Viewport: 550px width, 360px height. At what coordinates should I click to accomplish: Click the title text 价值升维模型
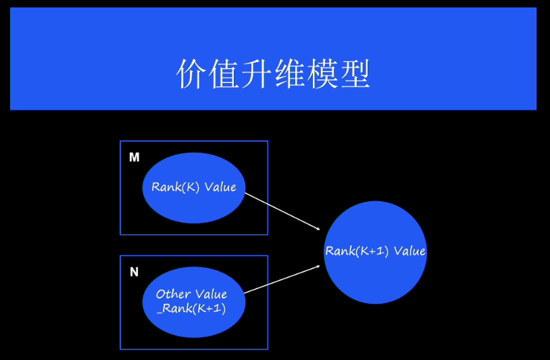pyautogui.click(x=273, y=74)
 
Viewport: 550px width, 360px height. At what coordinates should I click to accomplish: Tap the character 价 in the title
pyautogui.click(x=191, y=74)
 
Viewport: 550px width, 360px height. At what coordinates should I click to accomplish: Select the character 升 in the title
pyautogui.click(x=257, y=74)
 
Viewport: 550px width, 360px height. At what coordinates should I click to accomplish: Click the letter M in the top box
pyautogui.click(x=134, y=157)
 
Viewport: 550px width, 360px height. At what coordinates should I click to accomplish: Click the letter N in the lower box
pyautogui.click(x=134, y=272)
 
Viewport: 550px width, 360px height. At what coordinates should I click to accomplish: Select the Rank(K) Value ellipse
pyautogui.click(x=194, y=203)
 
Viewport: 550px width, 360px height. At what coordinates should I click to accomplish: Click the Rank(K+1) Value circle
pyautogui.click(x=375, y=277)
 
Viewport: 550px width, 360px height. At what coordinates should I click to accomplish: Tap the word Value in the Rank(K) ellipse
pyautogui.click(x=220, y=187)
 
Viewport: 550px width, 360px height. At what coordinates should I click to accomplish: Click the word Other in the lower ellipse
pyautogui.click(x=173, y=294)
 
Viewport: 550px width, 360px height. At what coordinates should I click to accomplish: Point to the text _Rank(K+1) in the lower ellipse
pyautogui.click(x=191, y=309)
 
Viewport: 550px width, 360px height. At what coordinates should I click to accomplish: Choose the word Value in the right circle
pyautogui.click(x=409, y=251)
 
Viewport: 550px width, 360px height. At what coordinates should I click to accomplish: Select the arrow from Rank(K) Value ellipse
pyautogui.click(x=280, y=211)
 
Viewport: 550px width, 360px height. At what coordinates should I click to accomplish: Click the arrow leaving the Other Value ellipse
pyautogui.click(x=280, y=279)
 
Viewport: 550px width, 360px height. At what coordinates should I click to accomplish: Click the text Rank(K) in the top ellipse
pyautogui.click(x=176, y=187)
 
